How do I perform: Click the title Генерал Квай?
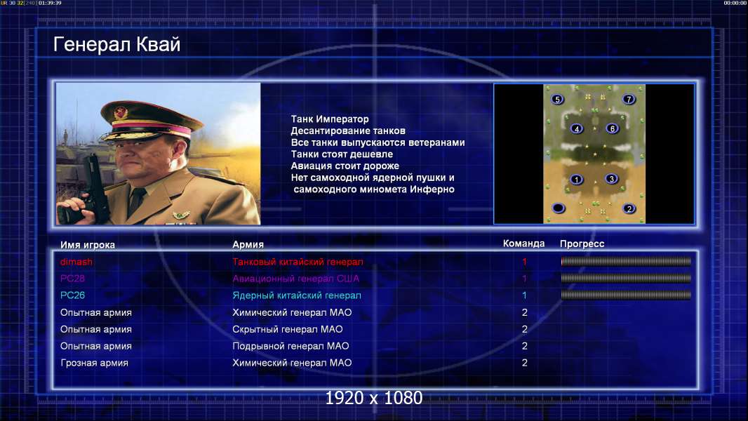[117, 44]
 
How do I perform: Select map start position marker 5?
[557, 99]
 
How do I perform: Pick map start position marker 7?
[629, 99]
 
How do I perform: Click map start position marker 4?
[577, 128]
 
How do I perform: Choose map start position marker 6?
[613, 128]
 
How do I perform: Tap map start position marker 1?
[577, 179]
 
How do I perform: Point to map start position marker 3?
[612, 179]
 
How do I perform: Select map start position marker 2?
[629, 208]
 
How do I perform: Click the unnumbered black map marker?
[558, 208]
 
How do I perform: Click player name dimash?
[76, 262]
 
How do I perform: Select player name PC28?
[72, 279]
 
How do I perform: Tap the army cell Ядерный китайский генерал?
[297, 295]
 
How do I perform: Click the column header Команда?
[523, 243]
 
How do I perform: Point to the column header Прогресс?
[582, 244]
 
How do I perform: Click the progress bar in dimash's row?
[626, 261]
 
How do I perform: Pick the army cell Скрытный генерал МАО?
[288, 330]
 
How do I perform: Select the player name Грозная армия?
[95, 363]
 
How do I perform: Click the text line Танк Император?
[330, 119]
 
